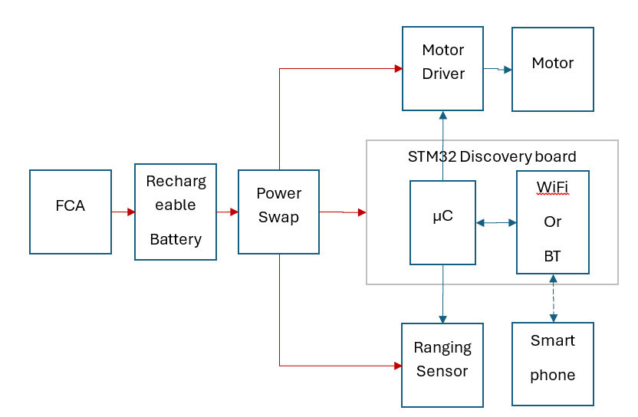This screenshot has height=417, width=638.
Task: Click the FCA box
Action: tap(70, 212)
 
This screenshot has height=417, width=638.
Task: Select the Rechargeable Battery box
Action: tap(175, 212)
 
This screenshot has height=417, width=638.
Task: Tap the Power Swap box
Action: tap(278, 212)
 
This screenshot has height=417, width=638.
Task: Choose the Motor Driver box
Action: tap(443, 68)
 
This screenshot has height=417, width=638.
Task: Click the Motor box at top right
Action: tap(552, 68)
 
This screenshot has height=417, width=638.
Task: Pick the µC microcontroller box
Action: tap(442, 222)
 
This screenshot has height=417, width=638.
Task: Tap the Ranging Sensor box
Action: tap(442, 365)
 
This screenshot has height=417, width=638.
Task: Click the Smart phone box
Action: tap(552, 363)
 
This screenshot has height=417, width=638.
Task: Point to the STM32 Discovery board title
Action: tap(492, 157)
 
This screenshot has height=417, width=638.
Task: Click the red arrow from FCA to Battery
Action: tap(123, 212)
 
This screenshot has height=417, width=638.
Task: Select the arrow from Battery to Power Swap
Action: tap(228, 212)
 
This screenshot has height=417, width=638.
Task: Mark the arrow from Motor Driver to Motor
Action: tap(498, 70)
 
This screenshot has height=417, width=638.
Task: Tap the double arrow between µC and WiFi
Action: tap(496, 223)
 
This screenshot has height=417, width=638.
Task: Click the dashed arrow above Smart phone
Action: tap(553, 298)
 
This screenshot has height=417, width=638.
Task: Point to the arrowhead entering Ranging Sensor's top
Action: tap(442, 319)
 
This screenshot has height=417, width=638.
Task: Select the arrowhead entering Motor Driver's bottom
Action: tap(442, 115)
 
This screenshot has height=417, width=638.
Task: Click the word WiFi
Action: tap(552, 186)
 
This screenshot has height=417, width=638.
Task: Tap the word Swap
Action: tap(278, 218)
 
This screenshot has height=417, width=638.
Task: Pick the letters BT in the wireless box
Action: tap(552, 257)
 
